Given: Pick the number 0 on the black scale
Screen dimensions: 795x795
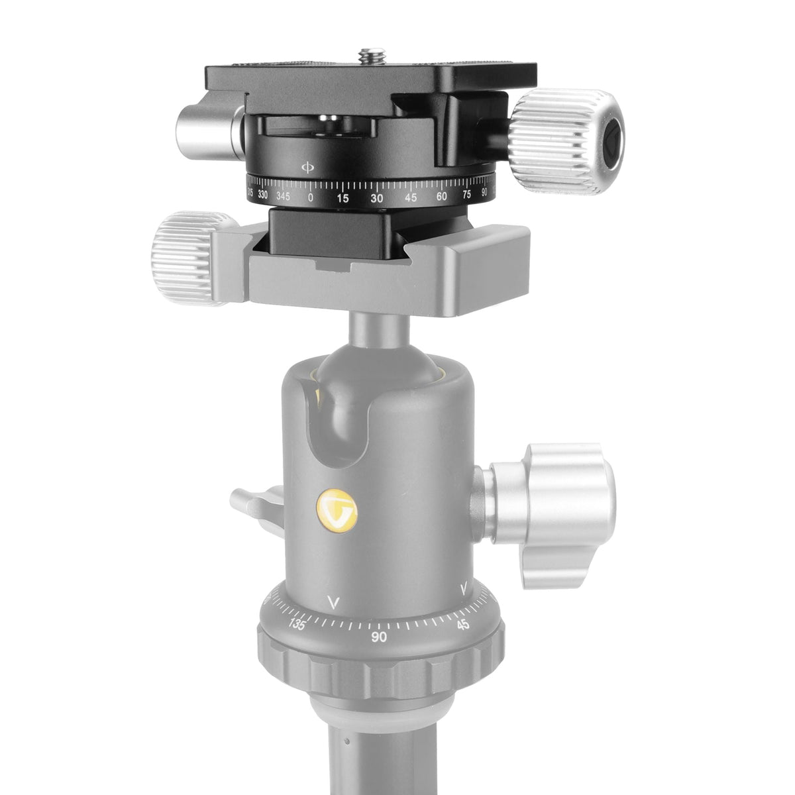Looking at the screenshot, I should [311, 197].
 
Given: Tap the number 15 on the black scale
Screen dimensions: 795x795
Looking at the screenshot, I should [343, 197].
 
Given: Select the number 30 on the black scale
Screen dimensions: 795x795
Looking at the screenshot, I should [377, 197].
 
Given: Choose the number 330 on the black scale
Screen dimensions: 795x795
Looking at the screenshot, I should [263, 194].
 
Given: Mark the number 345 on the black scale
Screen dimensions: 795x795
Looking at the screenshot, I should [286, 196].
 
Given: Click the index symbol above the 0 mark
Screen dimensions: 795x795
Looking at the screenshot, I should [306, 166].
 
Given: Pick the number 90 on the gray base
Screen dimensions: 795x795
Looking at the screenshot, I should [379, 636].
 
